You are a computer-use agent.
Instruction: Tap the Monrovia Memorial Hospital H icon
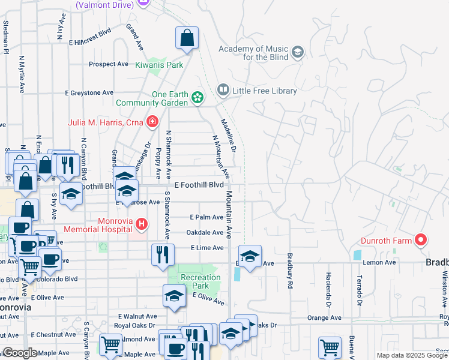141,224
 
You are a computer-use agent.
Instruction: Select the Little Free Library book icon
223,90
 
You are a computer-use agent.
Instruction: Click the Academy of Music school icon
298,52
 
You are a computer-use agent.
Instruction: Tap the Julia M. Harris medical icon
152,122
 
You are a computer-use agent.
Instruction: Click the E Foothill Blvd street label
199,185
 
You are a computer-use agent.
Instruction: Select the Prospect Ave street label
109,64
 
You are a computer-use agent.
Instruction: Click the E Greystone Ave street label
89,93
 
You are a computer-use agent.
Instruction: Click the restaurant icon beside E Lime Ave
163,254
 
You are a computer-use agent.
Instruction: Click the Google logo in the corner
20,353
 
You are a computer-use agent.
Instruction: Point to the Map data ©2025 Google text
411,355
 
